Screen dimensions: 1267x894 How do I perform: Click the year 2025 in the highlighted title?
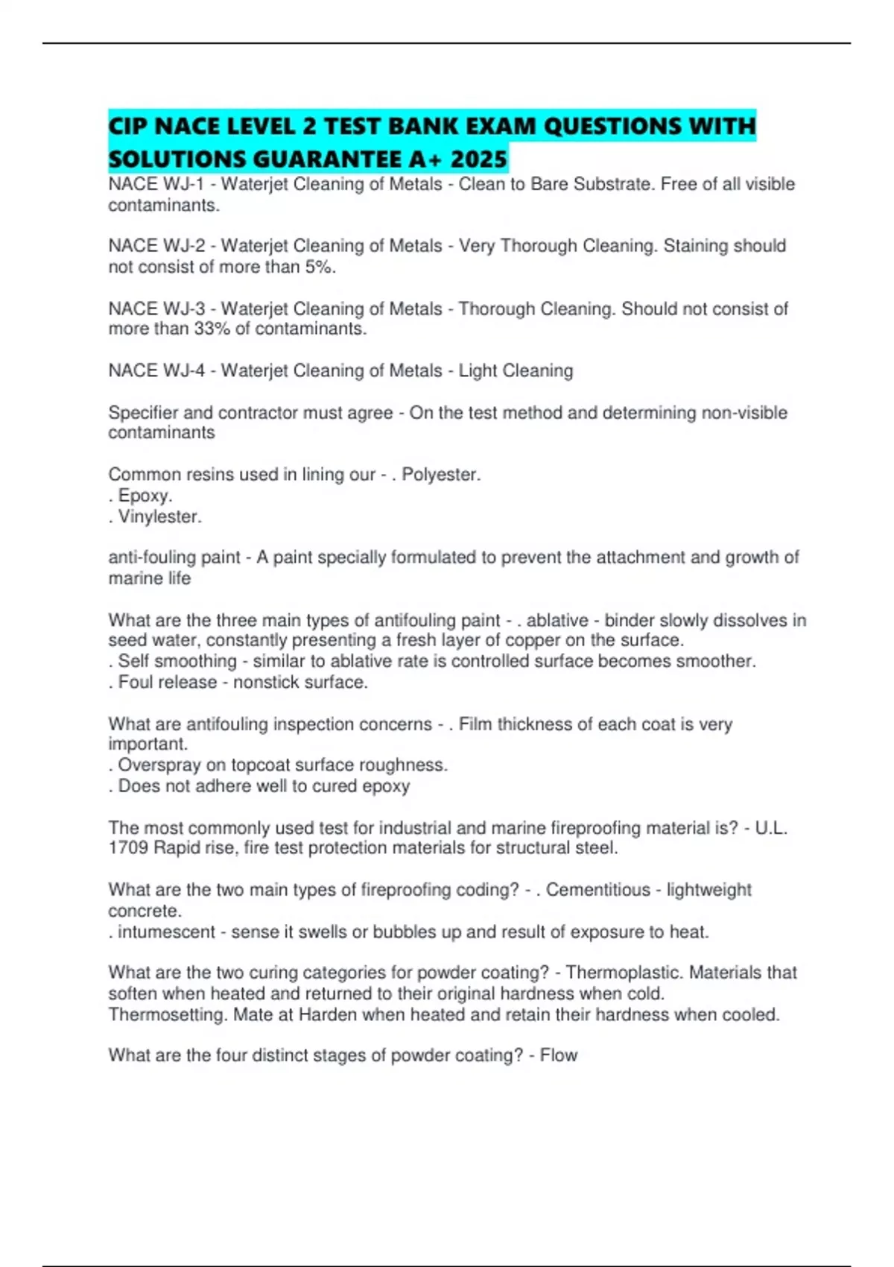point(478,159)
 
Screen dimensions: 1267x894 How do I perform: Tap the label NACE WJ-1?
point(156,184)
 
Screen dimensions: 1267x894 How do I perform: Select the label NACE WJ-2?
point(156,246)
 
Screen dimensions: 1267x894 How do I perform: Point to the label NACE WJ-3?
point(156,309)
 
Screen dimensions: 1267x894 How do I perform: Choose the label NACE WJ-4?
point(156,370)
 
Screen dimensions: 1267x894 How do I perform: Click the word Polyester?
point(441,475)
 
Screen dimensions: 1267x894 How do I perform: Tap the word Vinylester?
point(159,516)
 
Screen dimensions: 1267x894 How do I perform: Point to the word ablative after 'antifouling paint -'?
point(557,620)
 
